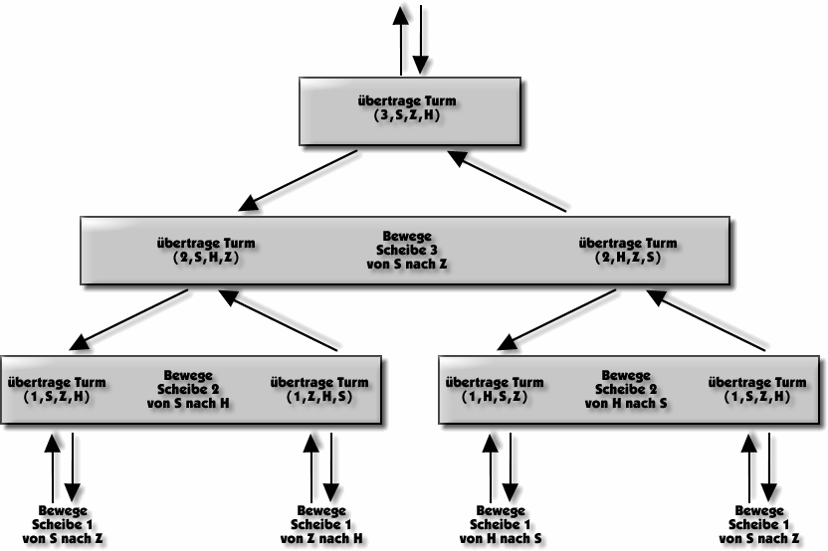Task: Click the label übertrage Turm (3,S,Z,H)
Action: pyautogui.click(x=408, y=108)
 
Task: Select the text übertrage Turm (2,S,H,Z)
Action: pyautogui.click(x=207, y=250)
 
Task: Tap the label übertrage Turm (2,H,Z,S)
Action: pyautogui.click(x=627, y=250)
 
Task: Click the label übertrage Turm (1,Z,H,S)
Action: pyautogui.click(x=319, y=389)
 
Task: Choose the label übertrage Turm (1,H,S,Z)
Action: pyautogui.click(x=494, y=389)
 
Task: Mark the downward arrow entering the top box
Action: pyautogui.click(x=421, y=40)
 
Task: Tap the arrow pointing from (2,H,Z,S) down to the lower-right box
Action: pyautogui.click(x=552, y=320)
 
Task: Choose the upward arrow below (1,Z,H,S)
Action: pyautogui.click(x=310, y=467)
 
